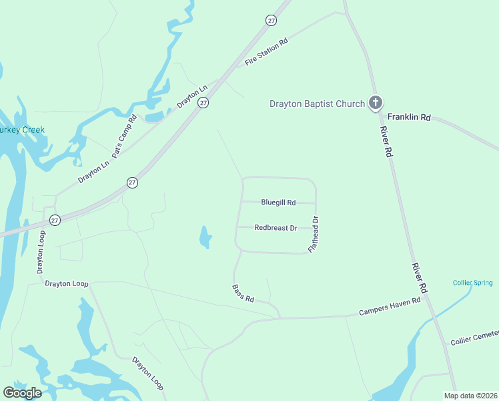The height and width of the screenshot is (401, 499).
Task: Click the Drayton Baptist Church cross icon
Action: [x=376, y=103]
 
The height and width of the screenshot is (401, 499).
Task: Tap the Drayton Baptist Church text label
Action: [x=317, y=104]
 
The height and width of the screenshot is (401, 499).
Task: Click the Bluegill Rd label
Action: [x=278, y=202]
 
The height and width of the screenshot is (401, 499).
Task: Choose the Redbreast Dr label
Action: [x=276, y=228]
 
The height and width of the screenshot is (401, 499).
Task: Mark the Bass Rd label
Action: [x=243, y=293]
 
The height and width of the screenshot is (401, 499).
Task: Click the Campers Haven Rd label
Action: [x=390, y=306]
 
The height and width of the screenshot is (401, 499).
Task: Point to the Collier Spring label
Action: [x=472, y=283]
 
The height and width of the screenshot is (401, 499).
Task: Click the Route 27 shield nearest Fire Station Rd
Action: [x=271, y=21]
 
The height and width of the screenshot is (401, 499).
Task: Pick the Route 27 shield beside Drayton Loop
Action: [x=55, y=220]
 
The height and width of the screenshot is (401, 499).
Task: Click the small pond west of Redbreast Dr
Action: [x=205, y=237]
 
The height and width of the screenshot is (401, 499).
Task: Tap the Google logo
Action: [x=22, y=393]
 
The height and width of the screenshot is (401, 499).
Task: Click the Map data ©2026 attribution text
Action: [x=471, y=396]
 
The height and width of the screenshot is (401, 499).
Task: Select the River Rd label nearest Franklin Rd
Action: [x=386, y=142]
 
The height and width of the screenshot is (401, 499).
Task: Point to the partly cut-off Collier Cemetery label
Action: [x=474, y=338]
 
